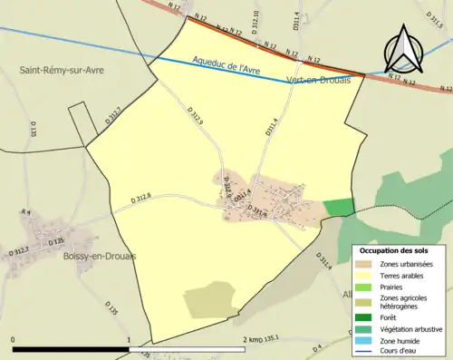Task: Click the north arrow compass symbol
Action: (x=403, y=49)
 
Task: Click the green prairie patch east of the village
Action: (x=339, y=207)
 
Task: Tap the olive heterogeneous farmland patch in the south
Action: (x=210, y=299)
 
